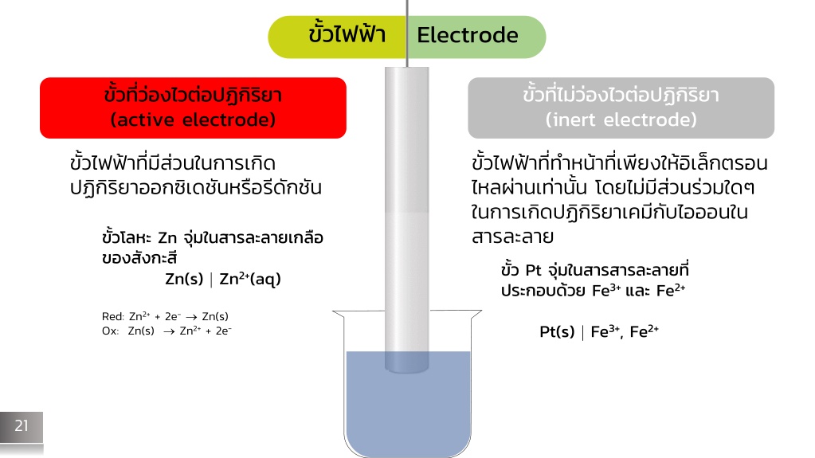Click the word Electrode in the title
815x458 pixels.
468,35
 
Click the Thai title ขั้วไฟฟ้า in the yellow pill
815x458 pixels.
347,34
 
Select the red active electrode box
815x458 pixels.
193,108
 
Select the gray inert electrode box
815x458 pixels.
621,108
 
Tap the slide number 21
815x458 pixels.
22,426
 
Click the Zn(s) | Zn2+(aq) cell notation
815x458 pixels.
223,279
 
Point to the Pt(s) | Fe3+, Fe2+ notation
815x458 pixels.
599,331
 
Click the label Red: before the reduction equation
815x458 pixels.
113,316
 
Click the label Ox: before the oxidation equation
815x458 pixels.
110,331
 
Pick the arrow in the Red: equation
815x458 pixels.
191,317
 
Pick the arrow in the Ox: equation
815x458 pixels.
169,331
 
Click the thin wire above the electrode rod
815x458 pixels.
407,33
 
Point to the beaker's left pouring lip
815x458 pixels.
338,314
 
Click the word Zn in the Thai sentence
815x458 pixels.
167,238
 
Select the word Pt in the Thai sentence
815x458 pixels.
533,270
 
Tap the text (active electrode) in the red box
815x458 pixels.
193,120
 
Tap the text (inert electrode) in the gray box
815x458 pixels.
621,120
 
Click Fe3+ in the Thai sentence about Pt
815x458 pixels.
606,290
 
